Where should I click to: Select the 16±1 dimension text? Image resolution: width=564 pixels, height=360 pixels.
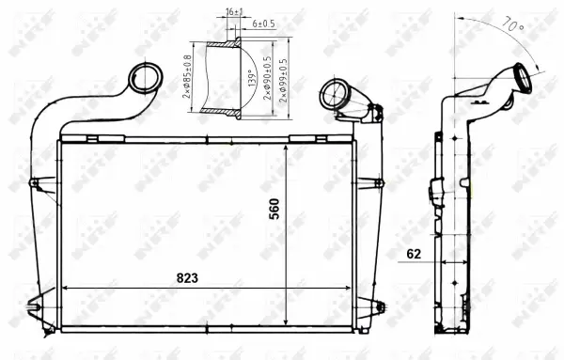click(x=234, y=12)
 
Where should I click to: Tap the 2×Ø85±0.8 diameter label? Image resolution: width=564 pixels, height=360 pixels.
click(x=187, y=80)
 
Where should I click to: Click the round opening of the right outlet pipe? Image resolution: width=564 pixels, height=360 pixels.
click(x=333, y=93)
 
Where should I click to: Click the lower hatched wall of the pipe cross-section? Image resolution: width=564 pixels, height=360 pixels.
click(x=226, y=114)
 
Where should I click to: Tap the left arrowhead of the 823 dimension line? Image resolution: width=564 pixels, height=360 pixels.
click(x=65, y=288)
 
